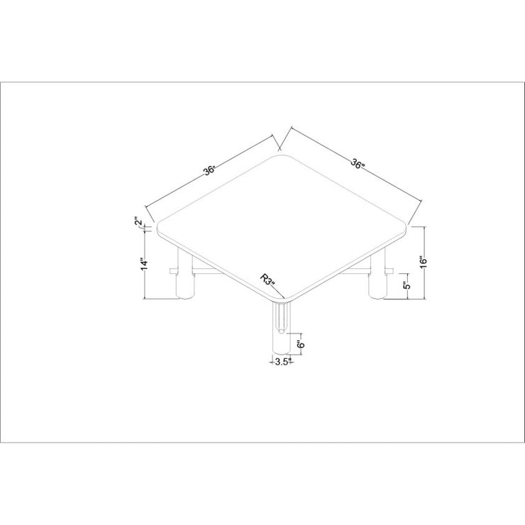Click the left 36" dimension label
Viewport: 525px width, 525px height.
point(209,171)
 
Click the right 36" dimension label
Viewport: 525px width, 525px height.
point(357,163)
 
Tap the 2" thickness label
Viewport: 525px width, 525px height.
point(138,222)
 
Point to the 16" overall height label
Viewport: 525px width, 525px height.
point(424,262)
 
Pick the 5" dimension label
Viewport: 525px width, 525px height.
point(406,286)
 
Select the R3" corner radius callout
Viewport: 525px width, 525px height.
point(267,280)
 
